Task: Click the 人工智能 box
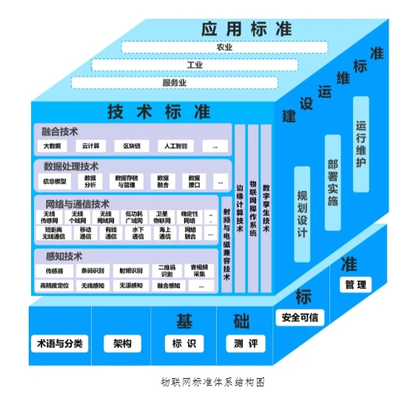tap(175, 146)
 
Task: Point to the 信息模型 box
tap(56, 180)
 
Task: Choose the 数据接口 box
tap(195, 180)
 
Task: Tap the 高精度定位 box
tap(55, 285)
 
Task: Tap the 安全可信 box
tap(300, 318)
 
